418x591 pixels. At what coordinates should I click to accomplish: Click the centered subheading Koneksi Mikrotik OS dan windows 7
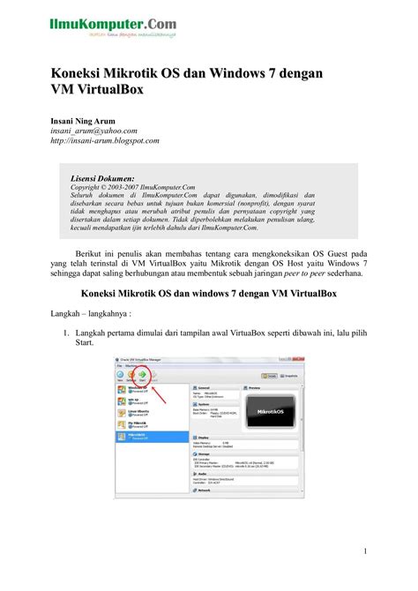[209, 292]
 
